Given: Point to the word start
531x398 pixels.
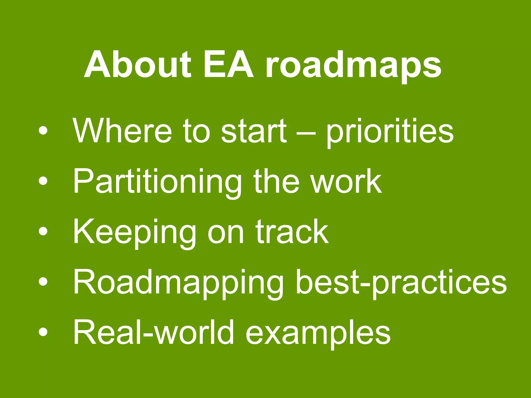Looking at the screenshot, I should pyautogui.click(x=254, y=131).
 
